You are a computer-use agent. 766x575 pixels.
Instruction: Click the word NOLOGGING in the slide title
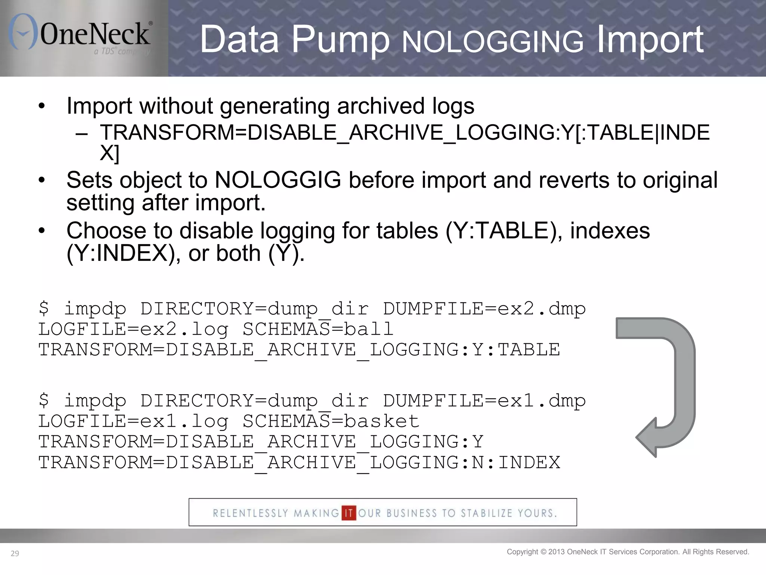tap(492, 41)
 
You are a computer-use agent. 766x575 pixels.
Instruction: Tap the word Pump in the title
tap(340, 39)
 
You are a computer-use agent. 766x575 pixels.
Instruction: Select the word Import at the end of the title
tap(650, 39)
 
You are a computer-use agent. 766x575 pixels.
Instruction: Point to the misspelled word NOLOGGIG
tap(278, 180)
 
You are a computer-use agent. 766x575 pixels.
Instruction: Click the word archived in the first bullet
tap(380, 106)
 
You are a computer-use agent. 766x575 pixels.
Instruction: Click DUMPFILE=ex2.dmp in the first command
tap(484, 309)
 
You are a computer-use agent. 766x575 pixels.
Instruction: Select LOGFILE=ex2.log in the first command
tap(133, 329)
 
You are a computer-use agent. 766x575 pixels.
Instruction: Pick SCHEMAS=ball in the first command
tap(318, 329)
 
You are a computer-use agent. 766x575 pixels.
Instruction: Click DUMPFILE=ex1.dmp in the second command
tap(484, 401)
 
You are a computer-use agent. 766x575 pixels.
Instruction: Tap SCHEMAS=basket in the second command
tap(331, 422)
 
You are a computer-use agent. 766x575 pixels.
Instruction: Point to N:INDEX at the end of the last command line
tap(516, 463)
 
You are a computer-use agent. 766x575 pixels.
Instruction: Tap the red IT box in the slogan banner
tap(349, 513)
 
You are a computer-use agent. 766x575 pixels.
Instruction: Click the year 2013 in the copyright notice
tap(556, 552)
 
